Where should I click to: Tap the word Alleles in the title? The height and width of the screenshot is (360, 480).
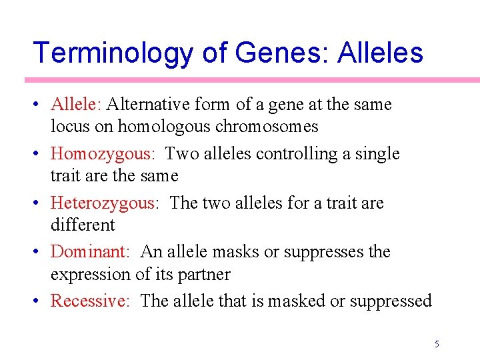click(380, 53)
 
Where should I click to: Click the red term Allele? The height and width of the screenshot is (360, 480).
click(75, 105)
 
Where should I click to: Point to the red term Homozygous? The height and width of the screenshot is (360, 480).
click(102, 154)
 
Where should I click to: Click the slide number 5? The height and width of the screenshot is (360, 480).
click(437, 344)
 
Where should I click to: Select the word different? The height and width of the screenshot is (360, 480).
click(83, 225)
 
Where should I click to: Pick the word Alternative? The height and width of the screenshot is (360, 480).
click(149, 105)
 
